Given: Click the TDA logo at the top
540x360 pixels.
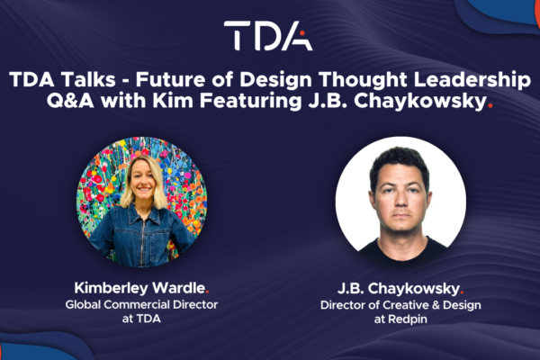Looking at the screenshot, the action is (x=268, y=36).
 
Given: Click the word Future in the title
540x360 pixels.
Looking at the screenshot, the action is (x=170, y=79).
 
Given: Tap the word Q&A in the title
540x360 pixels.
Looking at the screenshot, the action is (x=70, y=102).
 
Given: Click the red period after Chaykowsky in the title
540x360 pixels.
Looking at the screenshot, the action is (x=490, y=107).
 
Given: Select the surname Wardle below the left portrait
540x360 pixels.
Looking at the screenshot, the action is (x=178, y=288).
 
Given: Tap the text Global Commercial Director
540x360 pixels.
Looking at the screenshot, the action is (x=141, y=304).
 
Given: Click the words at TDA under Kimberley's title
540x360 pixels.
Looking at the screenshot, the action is (x=141, y=319).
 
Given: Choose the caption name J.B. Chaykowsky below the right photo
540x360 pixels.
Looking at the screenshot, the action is (x=399, y=289).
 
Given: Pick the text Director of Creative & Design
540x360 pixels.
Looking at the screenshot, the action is (x=400, y=305).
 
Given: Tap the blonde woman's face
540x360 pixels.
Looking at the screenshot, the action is (x=143, y=180).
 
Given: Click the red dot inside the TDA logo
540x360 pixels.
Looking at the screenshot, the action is (x=302, y=33).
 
